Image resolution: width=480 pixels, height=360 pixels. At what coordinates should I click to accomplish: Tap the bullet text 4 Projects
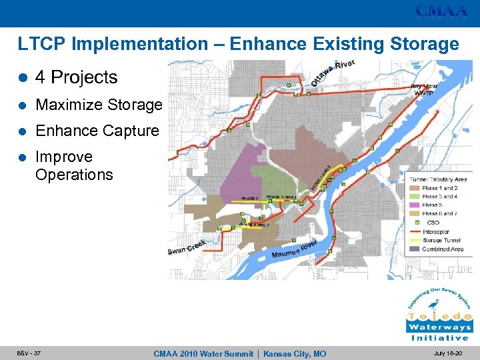pos(76,77)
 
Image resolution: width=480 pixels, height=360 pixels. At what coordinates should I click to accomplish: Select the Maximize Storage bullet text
pos(99,105)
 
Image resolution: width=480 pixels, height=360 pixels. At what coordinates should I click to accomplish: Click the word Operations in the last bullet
pos(74,175)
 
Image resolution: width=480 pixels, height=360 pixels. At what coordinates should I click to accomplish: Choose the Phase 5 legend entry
pos(434,205)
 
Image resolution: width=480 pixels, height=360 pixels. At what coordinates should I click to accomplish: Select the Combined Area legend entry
pos(444,248)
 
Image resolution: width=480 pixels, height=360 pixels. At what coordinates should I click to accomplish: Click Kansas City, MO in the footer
pos(295,353)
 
